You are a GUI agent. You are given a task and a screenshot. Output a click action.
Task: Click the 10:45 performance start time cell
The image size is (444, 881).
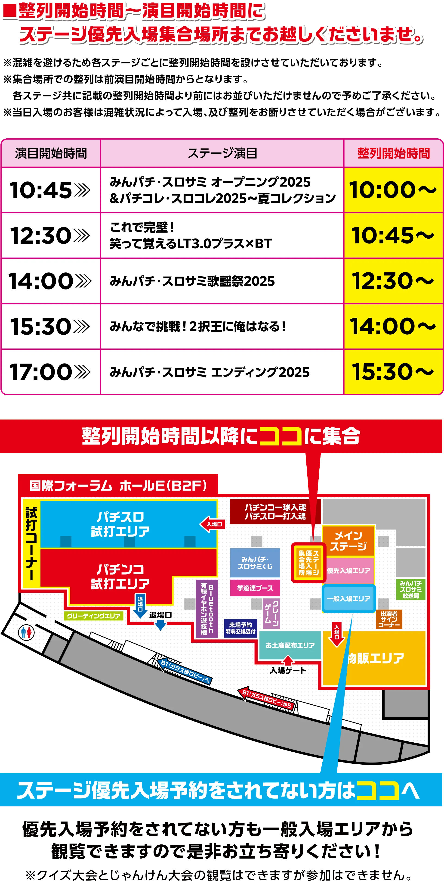51,190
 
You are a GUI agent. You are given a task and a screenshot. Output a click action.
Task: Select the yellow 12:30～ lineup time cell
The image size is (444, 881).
393,281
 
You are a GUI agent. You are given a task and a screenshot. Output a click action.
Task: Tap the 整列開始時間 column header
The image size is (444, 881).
393,153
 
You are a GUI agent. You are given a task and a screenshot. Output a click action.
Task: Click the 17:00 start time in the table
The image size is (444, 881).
51,372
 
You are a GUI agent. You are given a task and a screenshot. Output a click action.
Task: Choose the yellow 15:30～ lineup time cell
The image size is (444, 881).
393,372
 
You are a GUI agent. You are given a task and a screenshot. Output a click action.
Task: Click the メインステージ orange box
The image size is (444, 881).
348,541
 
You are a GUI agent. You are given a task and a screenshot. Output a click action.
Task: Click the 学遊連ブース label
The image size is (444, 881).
255,588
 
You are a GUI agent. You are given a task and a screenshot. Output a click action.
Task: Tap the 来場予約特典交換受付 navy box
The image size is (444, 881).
241,628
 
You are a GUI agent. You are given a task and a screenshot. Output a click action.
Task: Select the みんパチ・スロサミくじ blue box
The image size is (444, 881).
255,563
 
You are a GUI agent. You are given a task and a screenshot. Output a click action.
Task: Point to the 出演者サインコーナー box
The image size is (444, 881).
389,619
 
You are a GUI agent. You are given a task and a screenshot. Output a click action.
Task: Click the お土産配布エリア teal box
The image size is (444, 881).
290,645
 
